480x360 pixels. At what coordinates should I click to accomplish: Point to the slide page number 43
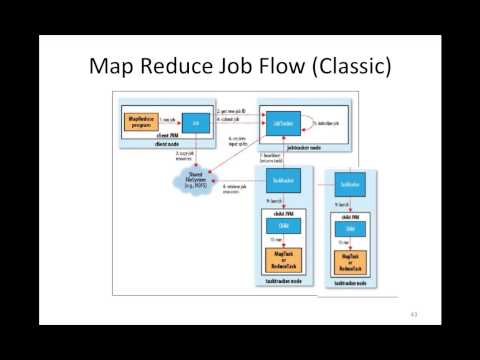click(412, 314)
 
